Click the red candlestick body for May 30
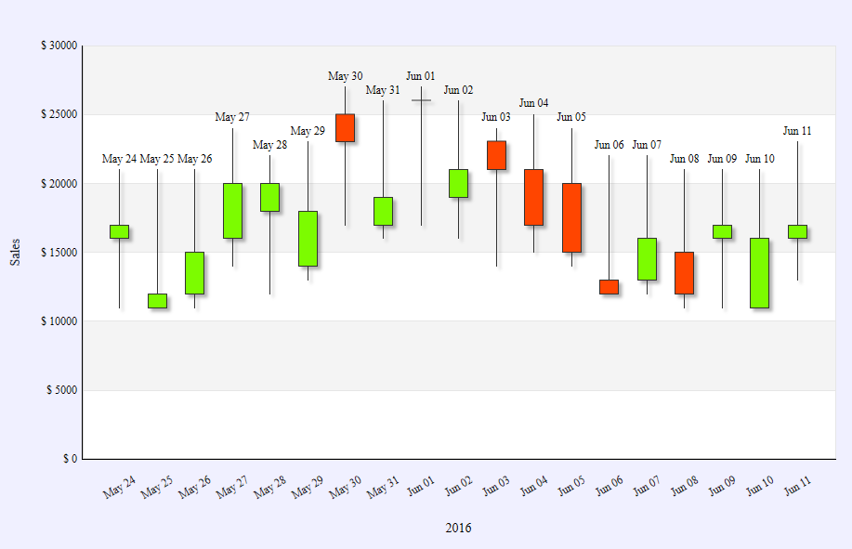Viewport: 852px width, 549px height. [x=345, y=127]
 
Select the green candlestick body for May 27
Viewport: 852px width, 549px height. [x=232, y=211]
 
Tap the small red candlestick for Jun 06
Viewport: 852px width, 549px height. [x=609, y=286]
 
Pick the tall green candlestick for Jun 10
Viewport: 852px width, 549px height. [x=759, y=272]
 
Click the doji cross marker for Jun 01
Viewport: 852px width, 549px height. [x=421, y=99]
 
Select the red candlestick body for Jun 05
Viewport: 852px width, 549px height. [x=571, y=217]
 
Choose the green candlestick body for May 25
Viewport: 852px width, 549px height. [x=157, y=300]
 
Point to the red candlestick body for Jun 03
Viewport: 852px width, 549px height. [x=496, y=155]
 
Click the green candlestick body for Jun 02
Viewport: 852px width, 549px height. [x=458, y=183]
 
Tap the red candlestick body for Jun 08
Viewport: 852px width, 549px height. [x=684, y=272]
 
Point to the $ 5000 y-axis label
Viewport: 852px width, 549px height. [x=61, y=391]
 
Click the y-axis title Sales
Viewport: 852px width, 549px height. [x=16, y=252]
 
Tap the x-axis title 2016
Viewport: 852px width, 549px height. [x=458, y=528]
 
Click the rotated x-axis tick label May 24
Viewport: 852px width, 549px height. [x=119, y=487]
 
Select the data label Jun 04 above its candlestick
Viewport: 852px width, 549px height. [x=533, y=103]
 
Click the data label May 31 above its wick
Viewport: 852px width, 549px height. [x=383, y=90]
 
